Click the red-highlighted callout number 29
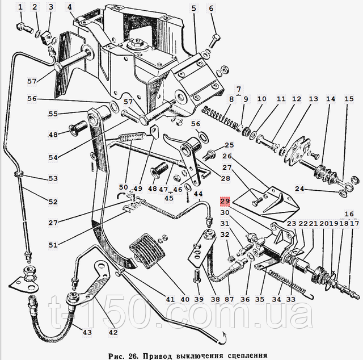(x=225, y=202)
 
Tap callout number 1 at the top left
(x=21, y=7)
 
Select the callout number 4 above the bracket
(x=69, y=7)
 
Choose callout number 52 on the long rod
(x=53, y=202)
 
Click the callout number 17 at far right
(x=354, y=224)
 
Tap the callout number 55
(x=53, y=114)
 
